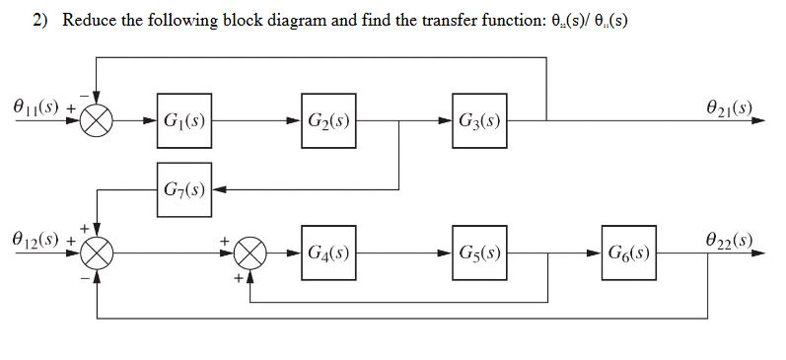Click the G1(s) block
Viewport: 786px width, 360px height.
[x=183, y=122]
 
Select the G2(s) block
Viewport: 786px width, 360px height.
[x=330, y=122]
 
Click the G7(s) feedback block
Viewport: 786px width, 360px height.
[x=183, y=187]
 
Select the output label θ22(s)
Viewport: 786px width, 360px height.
[x=729, y=240]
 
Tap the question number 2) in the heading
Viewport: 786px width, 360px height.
[x=41, y=21]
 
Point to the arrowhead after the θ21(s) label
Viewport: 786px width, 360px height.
[x=758, y=123]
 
